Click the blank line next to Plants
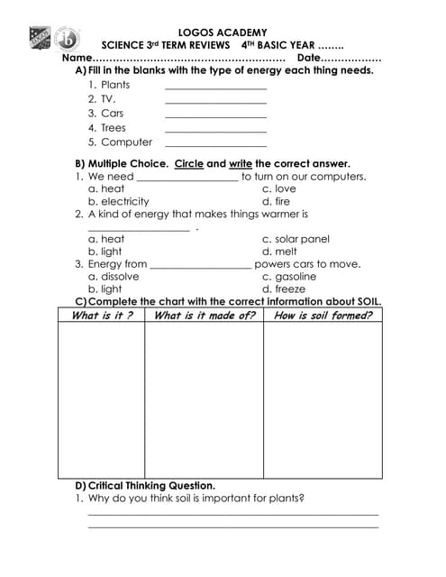(216, 87)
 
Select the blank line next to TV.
(216, 102)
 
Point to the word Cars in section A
(113, 114)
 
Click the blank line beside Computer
(216, 144)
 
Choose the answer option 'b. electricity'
(118, 202)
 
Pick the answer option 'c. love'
(278, 189)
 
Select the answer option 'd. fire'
(276, 202)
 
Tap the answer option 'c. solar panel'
(296, 239)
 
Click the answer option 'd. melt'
(279, 252)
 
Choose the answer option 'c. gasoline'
(289, 277)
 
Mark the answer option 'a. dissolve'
(114, 277)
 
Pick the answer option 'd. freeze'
(284, 289)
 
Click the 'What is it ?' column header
(102, 316)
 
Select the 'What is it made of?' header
(205, 316)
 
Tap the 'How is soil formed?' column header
(323, 316)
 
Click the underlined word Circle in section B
(189, 165)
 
